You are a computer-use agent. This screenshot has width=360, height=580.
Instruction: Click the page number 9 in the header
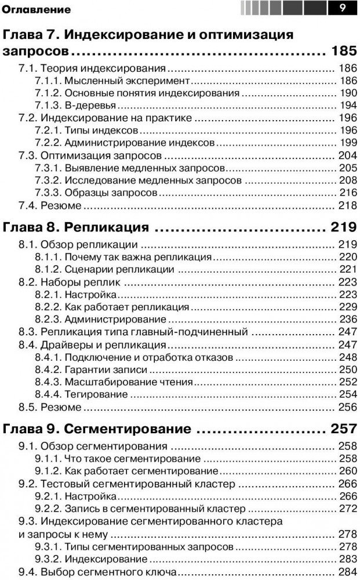tap(343, 8)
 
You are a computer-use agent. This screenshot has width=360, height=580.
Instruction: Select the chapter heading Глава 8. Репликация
tap(76, 226)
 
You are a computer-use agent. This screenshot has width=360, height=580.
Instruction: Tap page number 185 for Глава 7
tap(344, 50)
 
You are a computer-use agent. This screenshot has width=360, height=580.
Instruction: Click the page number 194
tap(347, 105)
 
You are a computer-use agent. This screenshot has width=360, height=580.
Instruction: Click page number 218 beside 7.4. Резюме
tap(347, 205)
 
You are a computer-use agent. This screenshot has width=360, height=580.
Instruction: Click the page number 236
tap(347, 319)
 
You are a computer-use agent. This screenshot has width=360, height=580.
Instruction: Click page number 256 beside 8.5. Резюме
tap(347, 407)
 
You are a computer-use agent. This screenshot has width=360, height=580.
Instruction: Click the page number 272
tap(347, 509)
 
